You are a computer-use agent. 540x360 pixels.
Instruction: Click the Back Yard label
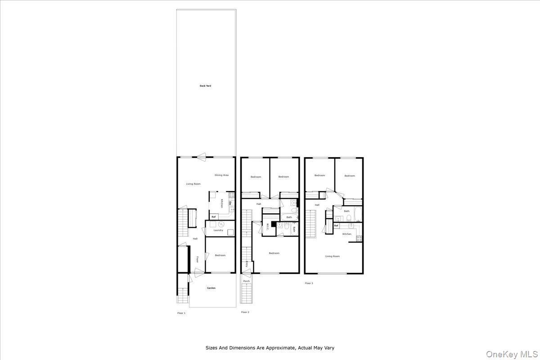[205, 85]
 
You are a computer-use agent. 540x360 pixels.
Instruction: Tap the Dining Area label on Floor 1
[221, 175]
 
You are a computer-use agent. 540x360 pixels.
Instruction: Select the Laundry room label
[218, 230]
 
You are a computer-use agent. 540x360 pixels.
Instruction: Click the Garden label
[211, 288]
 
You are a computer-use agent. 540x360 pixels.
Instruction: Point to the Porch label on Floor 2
[246, 281]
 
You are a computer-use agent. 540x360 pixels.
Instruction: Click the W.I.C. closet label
[267, 226]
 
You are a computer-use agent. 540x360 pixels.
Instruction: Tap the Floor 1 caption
[181, 313]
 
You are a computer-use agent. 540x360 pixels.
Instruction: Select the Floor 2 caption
[245, 312]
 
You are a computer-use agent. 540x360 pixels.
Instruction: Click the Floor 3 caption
[309, 283]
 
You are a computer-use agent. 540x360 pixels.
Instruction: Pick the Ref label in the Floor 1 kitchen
[214, 217]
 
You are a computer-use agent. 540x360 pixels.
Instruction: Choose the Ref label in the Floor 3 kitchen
[336, 225]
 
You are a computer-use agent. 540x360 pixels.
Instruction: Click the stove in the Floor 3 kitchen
[359, 238]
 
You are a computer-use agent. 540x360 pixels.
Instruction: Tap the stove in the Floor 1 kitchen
[232, 195]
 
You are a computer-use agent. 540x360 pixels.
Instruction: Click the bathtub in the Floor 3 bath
[358, 215]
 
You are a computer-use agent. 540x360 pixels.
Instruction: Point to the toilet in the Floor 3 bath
[349, 219]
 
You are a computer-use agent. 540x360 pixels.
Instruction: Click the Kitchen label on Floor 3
[346, 234]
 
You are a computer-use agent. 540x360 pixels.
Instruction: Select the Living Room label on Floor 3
[333, 256]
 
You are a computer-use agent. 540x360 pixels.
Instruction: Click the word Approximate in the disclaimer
[278, 348]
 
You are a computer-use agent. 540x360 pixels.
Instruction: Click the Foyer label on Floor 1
[197, 260]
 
